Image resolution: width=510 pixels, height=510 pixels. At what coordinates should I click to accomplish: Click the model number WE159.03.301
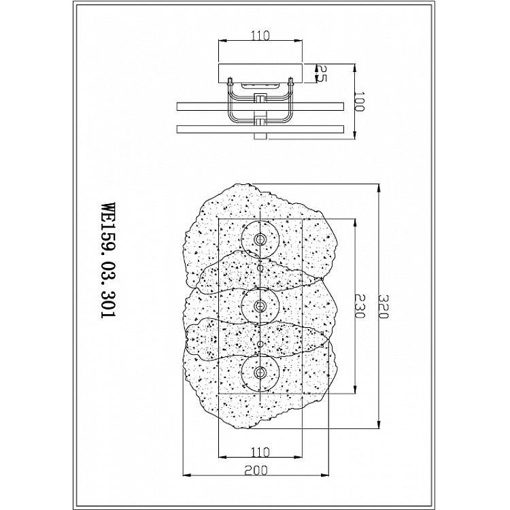pos(109,260)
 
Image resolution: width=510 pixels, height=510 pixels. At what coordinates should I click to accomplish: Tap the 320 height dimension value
pos(384,307)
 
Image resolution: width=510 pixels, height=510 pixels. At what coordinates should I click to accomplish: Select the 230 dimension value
pos(360,306)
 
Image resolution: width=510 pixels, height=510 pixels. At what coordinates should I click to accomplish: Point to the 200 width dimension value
pos(256,470)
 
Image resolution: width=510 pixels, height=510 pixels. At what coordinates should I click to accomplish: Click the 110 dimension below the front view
pos(260,452)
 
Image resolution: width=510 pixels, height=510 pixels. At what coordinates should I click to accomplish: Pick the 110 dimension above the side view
pos(260,35)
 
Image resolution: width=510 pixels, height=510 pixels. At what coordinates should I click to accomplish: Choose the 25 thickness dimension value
pos(322,73)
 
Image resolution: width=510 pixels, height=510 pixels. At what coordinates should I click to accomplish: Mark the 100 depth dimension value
pos(359,101)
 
